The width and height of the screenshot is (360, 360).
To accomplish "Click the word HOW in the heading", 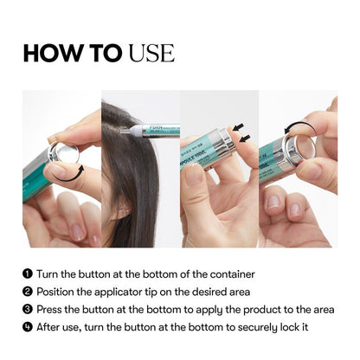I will (x=49, y=53).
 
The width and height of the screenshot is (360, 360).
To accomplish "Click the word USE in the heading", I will (x=151, y=53).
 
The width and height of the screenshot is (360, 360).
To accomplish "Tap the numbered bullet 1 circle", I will (x=28, y=274).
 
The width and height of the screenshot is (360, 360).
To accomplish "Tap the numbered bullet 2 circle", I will (x=28, y=292).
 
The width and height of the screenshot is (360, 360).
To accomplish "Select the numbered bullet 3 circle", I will (x=28, y=309).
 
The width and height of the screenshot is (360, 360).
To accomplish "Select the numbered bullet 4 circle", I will (x=28, y=327).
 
